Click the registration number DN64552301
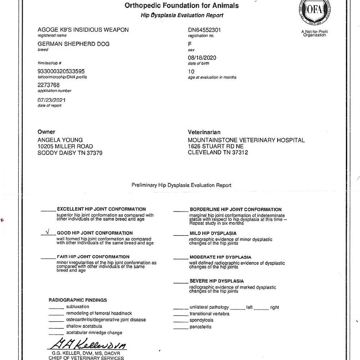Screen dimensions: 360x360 [204, 30]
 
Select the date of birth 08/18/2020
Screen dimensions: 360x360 [202, 58]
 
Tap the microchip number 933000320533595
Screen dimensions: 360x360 [61, 71]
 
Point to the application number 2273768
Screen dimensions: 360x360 [49, 85]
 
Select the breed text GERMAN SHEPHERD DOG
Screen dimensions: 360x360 [73, 44]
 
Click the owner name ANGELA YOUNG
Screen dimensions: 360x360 [60, 140]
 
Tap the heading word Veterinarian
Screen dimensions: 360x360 [204, 132]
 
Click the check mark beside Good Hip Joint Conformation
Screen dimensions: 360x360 [47, 232]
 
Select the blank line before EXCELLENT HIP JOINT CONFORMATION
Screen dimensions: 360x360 [48, 210]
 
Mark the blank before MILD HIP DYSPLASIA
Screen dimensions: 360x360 [180, 235]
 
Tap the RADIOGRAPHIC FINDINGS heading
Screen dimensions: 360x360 [78, 300]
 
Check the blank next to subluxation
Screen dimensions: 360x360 [56, 308]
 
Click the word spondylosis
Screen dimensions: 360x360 [201, 320]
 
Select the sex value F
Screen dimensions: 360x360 [190, 44]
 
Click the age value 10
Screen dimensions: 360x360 [191, 71]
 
